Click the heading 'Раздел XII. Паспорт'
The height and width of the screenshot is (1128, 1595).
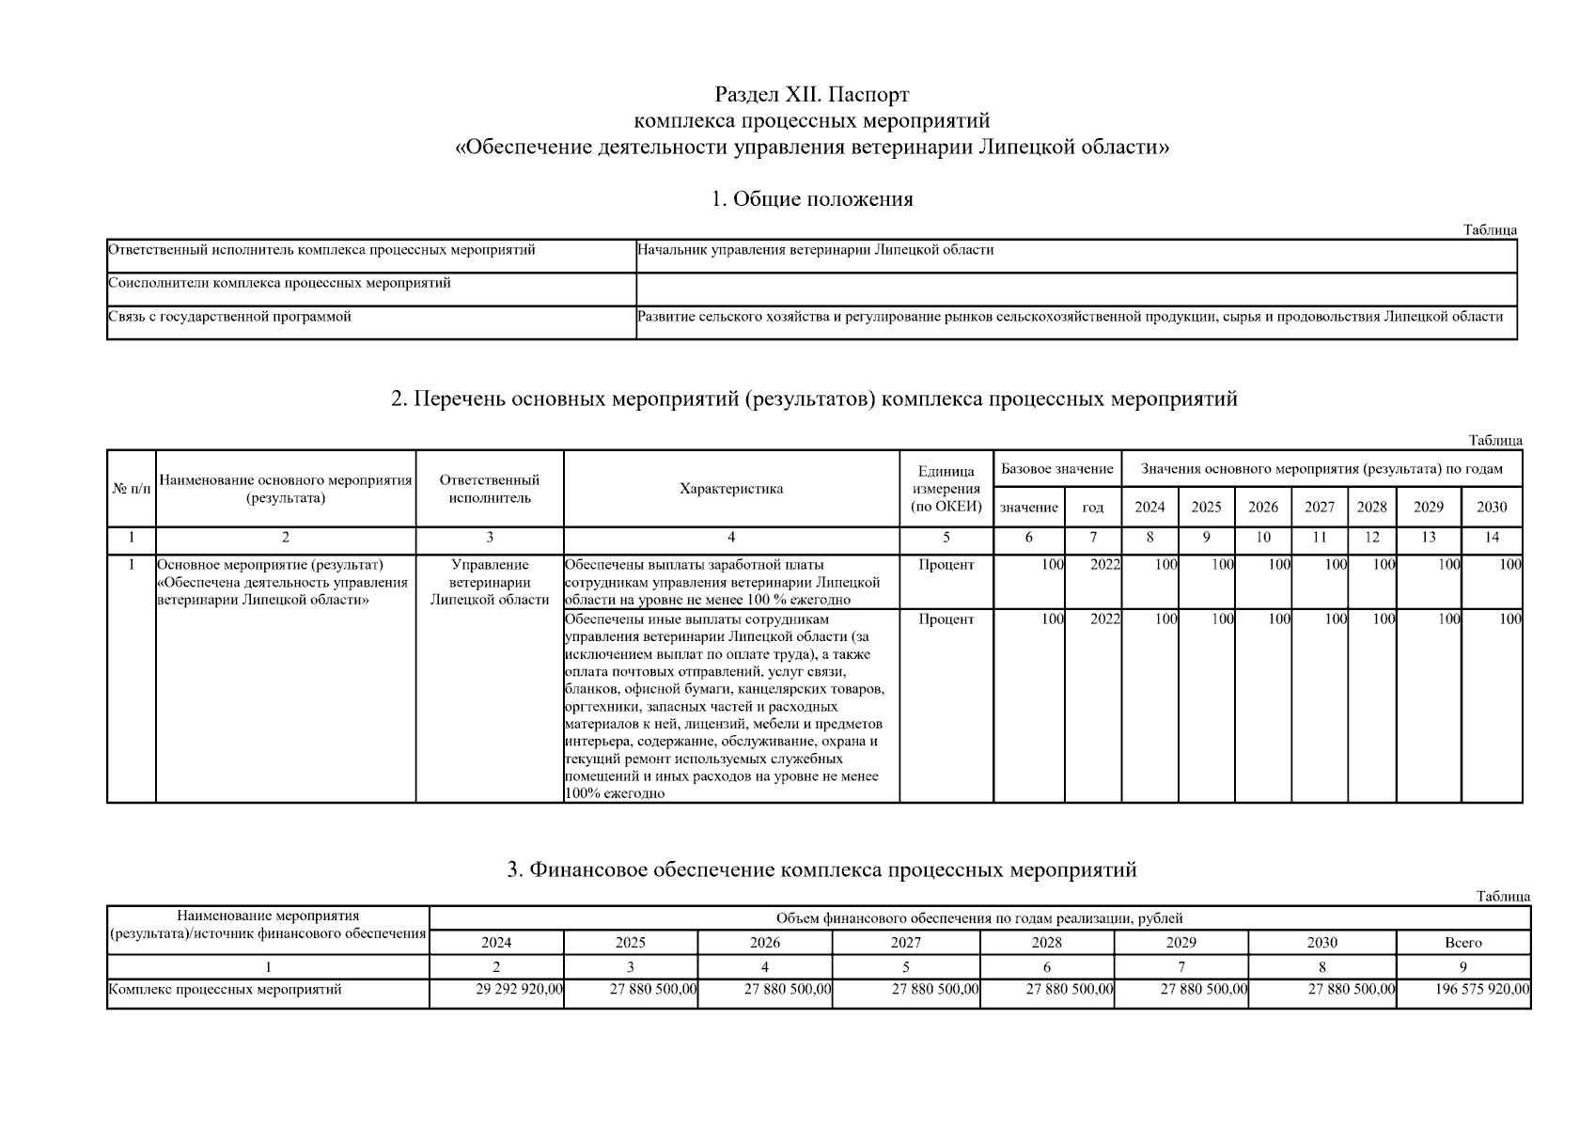pyautogui.click(x=812, y=95)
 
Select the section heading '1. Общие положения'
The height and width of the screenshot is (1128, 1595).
pyautogui.click(x=812, y=198)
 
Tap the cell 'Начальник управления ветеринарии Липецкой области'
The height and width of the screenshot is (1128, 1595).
pyautogui.click(x=815, y=250)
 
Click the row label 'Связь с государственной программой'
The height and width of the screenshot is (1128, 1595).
pyautogui.click(x=230, y=317)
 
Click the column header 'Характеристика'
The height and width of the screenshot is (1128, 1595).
pyautogui.click(x=731, y=488)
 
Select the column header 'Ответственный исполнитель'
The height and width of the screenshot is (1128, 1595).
pyautogui.click(x=490, y=488)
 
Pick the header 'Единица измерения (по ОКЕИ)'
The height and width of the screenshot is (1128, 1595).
pyautogui.click(x=946, y=488)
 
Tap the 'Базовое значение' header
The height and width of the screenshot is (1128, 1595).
pyautogui.click(x=1056, y=468)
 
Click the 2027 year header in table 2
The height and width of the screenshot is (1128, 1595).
pyautogui.click(x=1319, y=507)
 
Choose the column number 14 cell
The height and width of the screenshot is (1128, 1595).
pyautogui.click(x=1491, y=538)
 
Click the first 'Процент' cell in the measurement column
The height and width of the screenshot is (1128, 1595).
pyautogui.click(x=946, y=565)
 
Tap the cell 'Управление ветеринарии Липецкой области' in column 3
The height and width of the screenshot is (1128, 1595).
pyautogui.click(x=490, y=582)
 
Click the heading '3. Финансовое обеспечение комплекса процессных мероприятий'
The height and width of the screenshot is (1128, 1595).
pyautogui.click(x=821, y=869)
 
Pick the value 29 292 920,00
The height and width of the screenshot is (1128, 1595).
pyautogui.click(x=519, y=989)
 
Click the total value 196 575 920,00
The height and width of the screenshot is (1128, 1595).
pyautogui.click(x=1482, y=989)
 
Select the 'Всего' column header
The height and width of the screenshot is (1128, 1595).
pyautogui.click(x=1462, y=942)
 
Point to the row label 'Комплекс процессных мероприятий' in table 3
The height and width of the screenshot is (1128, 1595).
pyautogui.click(x=226, y=989)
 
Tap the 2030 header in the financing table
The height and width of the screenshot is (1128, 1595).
pyautogui.click(x=1321, y=942)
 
